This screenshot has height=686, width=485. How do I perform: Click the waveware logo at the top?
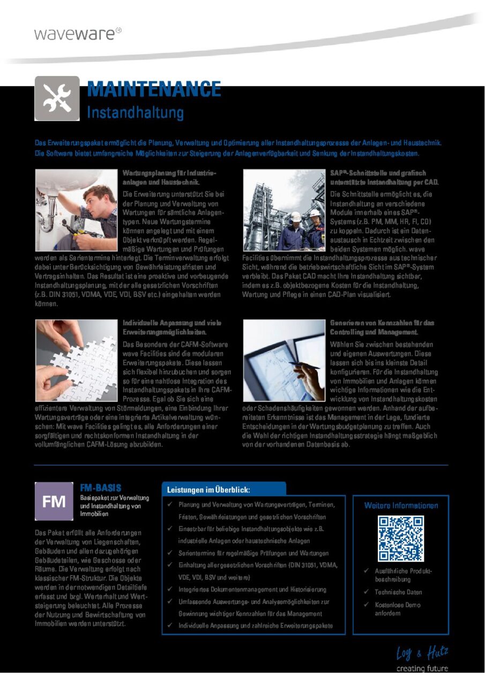tap(77, 33)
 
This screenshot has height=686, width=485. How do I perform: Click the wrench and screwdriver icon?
tap(57, 98)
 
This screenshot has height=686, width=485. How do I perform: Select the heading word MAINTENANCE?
tap(154, 89)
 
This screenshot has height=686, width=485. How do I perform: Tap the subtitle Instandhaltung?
tap(135, 113)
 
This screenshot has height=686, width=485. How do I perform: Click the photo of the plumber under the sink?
tap(76, 210)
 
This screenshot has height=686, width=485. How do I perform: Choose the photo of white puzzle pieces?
tap(76, 360)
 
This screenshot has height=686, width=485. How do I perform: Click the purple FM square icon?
tap(54, 501)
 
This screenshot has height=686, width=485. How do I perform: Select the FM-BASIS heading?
tap(101, 488)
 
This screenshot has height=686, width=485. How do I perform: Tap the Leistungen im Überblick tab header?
tap(209, 490)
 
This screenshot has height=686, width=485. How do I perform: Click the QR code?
tap(400, 538)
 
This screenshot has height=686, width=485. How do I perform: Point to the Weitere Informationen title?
tap(401, 505)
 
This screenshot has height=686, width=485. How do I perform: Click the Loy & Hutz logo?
tap(422, 653)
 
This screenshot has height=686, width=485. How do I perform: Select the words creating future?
tap(422, 668)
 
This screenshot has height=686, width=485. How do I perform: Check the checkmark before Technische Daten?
tap(365, 592)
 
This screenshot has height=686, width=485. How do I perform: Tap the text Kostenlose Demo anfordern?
tap(390, 609)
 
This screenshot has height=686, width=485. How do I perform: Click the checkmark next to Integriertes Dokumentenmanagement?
tap(169, 589)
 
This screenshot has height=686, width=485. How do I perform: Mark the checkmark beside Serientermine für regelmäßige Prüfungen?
tap(169, 553)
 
